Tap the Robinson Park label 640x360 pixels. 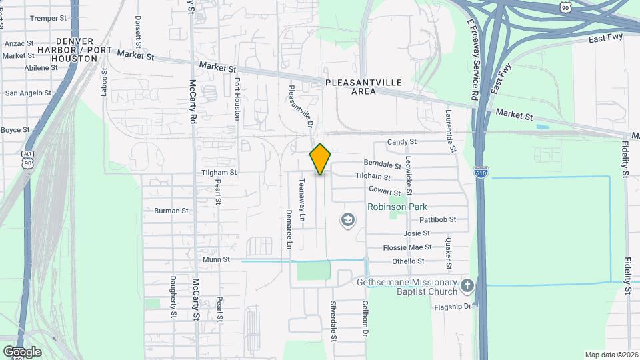[x=397, y=207]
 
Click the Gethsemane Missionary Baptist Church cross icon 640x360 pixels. [x=467, y=286]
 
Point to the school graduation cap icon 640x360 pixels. [x=347, y=219]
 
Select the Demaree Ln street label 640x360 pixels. [x=289, y=229]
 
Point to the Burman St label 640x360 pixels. [x=171, y=211]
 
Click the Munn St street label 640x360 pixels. [x=217, y=259]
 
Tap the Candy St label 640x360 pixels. [x=402, y=142]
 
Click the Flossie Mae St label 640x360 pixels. [x=413, y=247]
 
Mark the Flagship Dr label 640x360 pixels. [x=453, y=306]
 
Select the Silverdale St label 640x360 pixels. [x=333, y=321]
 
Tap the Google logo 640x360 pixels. [x=22, y=351]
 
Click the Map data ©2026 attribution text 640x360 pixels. [x=611, y=355]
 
